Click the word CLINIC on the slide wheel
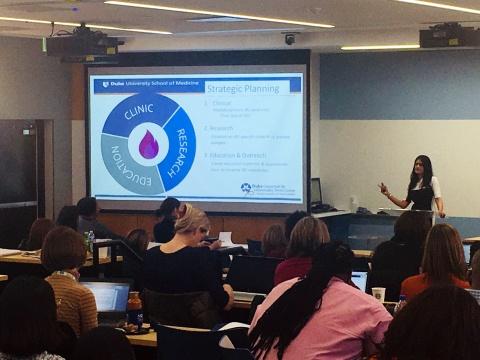point(138,112)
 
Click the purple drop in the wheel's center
point(148,145)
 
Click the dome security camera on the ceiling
point(290,39)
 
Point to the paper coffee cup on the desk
point(378,294)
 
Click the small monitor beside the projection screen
point(316,191)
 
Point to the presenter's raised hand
point(383,188)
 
